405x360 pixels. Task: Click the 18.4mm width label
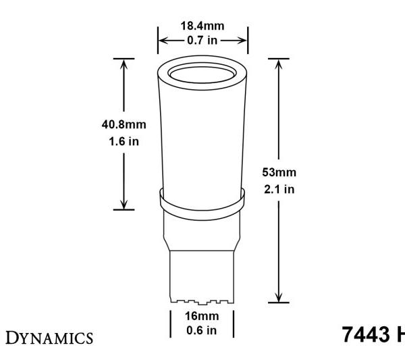pyautogui.click(x=202, y=26)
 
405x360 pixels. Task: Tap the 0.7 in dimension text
pyautogui.click(x=202, y=38)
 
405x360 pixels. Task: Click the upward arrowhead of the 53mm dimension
pyautogui.click(x=278, y=63)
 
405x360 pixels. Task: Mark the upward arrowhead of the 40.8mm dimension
pyautogui.click(x=123, y=63)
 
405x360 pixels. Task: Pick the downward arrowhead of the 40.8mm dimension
pyautogui.click(x=123, y=205)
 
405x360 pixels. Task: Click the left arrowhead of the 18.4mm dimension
pyautogui.click(x=162, y=39)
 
